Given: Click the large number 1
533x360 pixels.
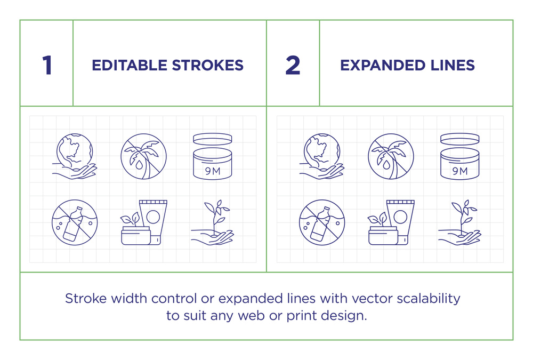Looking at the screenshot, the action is pyautogui.click(x=47, y=65).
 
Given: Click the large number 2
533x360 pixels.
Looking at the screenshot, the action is pyautogui.click(x=293, y=65).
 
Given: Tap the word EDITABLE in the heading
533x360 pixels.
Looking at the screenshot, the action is pyautogui.click(x=129, y=65).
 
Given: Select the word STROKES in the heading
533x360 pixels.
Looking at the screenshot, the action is pyautogui.click(x=208, y=65).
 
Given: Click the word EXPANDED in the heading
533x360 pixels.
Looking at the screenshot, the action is pyautogui.click(x=383, y=65).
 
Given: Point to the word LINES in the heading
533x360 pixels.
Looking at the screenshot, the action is pyautogui.click(x=453, y=65).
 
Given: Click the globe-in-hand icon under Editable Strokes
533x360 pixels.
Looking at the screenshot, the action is pyautogui.click(x=75, y=156).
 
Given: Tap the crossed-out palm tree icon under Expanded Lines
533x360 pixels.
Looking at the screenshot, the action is pyautogui.click(x=391, y=156).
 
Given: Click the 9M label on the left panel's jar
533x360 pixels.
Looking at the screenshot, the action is pyautogui.click(x=213, y=171).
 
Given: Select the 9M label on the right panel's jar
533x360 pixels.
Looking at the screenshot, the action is pyautogui.click(x=460, y=171).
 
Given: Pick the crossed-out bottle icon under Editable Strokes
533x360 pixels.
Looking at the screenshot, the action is pyautogui.click(x=75, y=222).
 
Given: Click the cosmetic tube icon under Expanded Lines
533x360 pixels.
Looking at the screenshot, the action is pyautogui.click(x=401, y=222).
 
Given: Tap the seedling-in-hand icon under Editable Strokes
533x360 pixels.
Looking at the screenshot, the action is pyautogui.click(x=213, y=222).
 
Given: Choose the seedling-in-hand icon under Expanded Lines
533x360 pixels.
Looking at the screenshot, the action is pyautogui.click(x=459, y=222).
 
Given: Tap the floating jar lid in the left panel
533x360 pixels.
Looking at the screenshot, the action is pyautogui.click(x=213, y=139).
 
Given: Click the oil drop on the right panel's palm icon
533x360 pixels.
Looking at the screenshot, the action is pyautogui.click(x=386, y=165).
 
